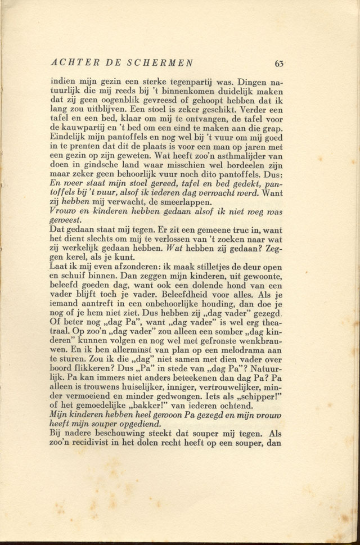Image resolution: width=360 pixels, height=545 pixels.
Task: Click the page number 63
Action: coord(279,63)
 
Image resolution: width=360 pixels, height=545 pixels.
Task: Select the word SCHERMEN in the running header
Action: coord(163,62)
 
